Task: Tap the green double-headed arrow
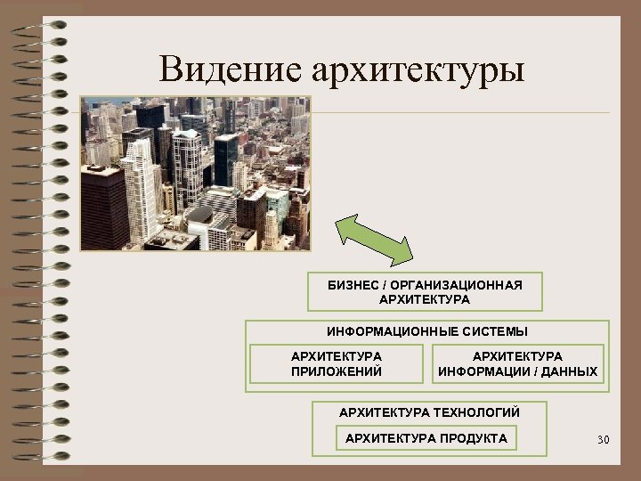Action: [x=375, y=238]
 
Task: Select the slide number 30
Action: [x=603, y=439]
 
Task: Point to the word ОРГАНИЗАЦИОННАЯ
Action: [x=457, y=285]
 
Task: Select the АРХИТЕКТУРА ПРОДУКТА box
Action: [x=426, y=437]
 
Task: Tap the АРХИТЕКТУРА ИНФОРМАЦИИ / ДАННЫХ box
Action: [x=517, y=363]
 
